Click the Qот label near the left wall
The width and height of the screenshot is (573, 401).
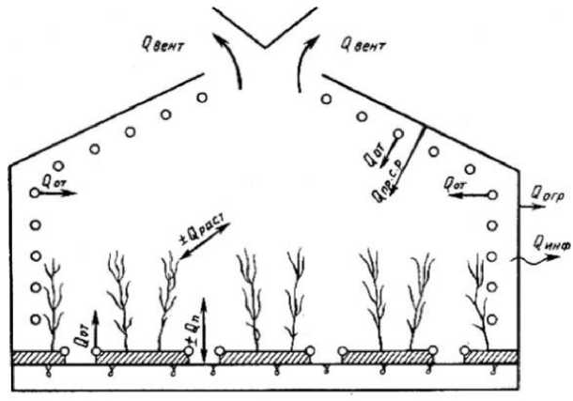[55, 177]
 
